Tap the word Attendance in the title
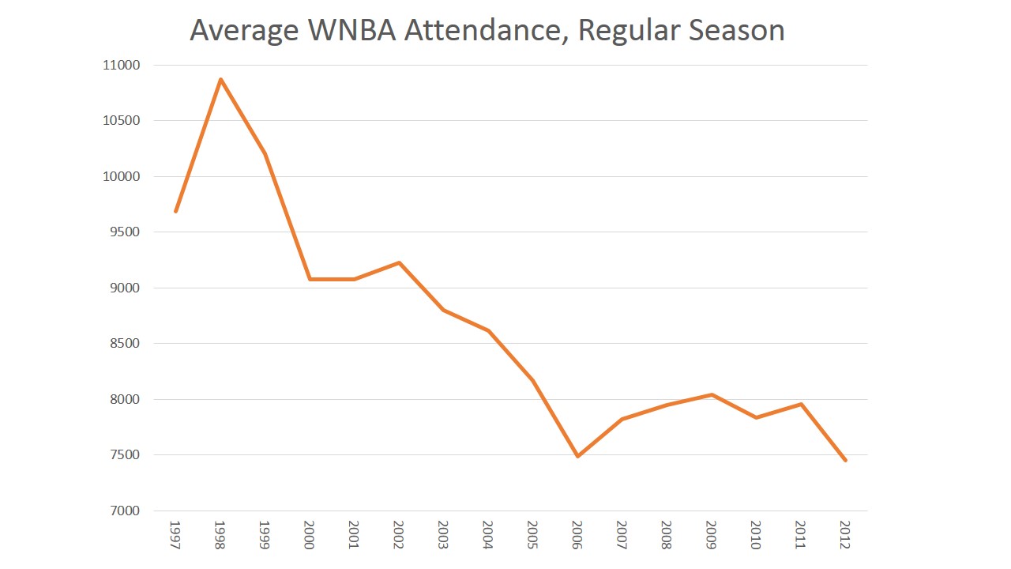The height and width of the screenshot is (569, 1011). (489, 31)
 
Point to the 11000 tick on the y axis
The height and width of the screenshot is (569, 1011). (120, 66)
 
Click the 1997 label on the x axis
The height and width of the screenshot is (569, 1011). (175, 535)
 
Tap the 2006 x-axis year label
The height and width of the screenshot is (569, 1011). (577, 535)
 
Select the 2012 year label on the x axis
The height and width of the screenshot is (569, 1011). (845, 535)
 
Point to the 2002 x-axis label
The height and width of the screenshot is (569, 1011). (399, 535)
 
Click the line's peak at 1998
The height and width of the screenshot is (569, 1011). (220, 79)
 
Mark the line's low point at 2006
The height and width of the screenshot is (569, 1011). (577, 456)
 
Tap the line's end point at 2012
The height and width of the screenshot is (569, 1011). (845, 460)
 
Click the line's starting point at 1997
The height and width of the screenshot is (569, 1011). (175, 211)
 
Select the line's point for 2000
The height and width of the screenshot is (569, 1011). (310, 279)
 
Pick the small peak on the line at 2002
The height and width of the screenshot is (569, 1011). (399, 262)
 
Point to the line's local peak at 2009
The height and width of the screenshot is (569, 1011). (712, 394)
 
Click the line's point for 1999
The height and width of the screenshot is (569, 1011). (265, 153)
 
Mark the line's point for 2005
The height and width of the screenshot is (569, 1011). (533, 380)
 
